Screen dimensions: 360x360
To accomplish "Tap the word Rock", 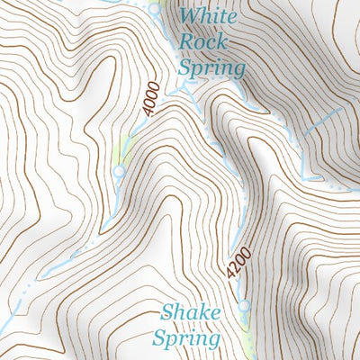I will coord(199,40).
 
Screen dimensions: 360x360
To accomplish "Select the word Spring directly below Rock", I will coord(211,68).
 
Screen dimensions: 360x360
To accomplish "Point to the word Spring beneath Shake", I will coord(186,339).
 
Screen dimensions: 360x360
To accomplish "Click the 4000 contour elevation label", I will coord(150,100).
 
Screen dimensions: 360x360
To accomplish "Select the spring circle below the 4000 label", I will coord(118,170).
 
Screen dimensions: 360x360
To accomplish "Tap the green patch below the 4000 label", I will coord(125,151).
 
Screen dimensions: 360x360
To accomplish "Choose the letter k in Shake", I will coord(204,313).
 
